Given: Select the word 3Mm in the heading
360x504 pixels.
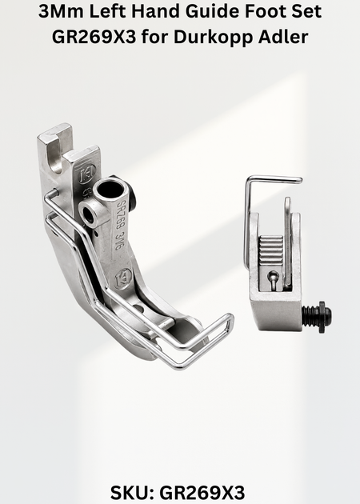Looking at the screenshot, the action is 61,11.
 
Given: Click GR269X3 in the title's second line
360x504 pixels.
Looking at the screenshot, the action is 94,37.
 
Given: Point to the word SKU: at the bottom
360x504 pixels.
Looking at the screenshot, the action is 132,493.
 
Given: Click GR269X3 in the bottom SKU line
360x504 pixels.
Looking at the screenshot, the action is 202,493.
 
